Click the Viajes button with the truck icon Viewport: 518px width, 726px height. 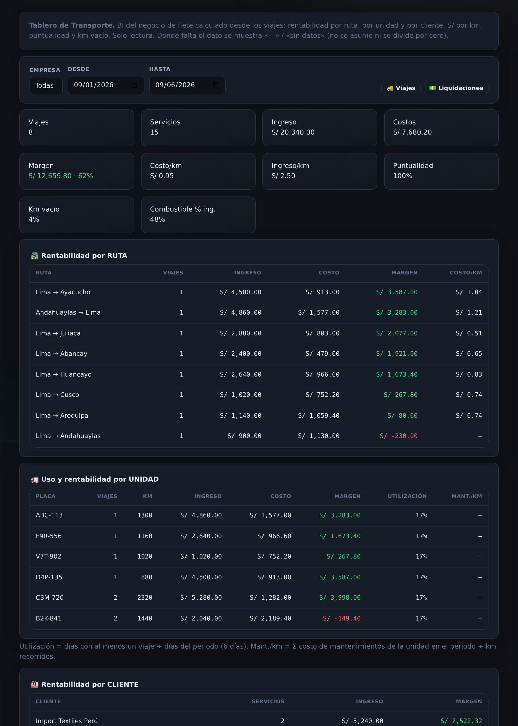(401, 88)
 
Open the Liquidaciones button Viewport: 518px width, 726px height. (456, 88)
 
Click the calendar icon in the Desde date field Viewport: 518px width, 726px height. (134, 85)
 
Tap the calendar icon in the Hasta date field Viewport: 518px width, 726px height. (216, 85)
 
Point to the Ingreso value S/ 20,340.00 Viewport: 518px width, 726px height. (293, 132)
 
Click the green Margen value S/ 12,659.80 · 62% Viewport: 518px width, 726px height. (61, 176)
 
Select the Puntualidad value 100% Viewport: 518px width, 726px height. (403, 176)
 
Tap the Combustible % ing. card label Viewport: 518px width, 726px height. (183, 209)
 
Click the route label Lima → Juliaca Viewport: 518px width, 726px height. (58, 333)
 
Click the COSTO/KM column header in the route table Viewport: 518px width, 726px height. (466, 272)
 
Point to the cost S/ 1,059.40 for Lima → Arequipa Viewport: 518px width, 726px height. (319, 416)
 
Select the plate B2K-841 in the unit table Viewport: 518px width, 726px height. (49, 618)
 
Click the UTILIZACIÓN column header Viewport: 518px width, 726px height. (407, 496)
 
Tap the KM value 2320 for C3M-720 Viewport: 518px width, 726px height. (144, 597)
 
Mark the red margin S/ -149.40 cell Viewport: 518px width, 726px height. (342, 618)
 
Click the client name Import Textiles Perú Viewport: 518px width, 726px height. (67, 721)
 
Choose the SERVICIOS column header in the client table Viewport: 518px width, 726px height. (268, 701)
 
